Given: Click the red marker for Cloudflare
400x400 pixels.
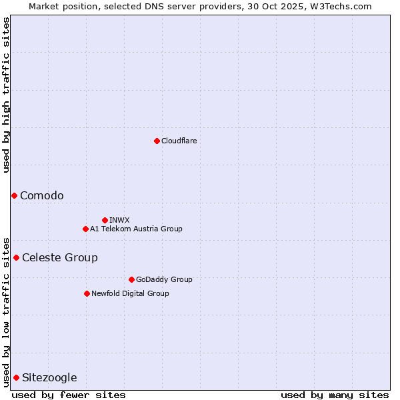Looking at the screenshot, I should [157, 141].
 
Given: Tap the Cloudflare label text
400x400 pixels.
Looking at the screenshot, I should [179, 141].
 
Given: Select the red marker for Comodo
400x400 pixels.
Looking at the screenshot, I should [14, 195].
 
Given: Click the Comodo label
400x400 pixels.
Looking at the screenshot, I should [42, 195].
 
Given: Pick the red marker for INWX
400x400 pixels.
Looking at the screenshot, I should [105, 220].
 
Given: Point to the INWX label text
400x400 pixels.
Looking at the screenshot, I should [119, 220].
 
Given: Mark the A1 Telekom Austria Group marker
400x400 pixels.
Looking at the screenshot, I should [85, 229].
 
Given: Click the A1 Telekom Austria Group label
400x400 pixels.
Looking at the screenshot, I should [136, 229].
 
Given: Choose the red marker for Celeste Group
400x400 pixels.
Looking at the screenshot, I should [16, 257].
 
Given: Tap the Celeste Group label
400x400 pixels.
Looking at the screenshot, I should [60, 257].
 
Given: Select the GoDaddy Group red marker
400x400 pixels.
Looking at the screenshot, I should [131, 279].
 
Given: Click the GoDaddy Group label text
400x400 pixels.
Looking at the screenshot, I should [164, 279].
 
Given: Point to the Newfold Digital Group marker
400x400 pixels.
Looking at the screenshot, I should [87, 293].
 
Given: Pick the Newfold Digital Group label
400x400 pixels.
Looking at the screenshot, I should [130, 293].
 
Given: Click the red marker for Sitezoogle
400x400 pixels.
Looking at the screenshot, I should [16, 377].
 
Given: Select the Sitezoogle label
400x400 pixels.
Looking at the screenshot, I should [49, 377].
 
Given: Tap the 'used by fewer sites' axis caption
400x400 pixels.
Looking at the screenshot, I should [69, 395].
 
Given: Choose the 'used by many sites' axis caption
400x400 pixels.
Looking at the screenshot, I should [335, 395].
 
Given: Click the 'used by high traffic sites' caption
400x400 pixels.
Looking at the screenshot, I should [6, 95].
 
